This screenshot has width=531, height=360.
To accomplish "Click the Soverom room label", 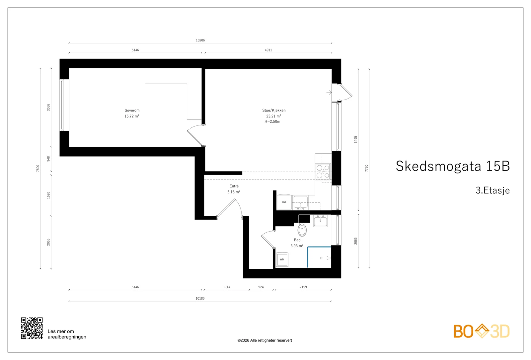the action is pos(132,110).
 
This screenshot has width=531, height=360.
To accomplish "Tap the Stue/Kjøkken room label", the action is pos(274,110).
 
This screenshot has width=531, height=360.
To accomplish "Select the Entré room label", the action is pos(234,186).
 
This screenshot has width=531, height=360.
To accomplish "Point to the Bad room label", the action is pos(297,240).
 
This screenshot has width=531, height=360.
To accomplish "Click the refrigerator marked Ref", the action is pos(284,202).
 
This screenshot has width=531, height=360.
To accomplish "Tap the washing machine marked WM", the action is pos(282,259).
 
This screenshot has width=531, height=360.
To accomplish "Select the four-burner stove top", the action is pos(323,171).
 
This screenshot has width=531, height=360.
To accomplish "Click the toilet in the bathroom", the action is pos(302,229).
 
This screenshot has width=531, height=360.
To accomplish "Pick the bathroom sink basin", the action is pos(321,221).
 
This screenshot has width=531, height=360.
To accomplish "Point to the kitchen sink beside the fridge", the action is pos(300,203).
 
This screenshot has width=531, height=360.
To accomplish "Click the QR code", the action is pos(32,328).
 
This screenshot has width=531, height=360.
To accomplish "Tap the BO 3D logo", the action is pos(482,331).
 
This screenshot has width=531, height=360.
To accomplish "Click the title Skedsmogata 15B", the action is pos(453,166).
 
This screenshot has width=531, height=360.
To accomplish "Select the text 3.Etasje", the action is pos(493,190).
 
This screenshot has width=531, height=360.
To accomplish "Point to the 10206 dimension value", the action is pos(200,40).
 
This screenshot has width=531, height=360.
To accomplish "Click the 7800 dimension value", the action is pos(38,168).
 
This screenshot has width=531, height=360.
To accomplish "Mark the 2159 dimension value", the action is pos(303,287).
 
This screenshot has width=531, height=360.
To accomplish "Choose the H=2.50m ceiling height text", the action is pos(272,121).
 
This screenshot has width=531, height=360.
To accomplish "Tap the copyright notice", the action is pos(265,340).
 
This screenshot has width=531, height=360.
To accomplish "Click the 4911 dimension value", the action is pos(268,50).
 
